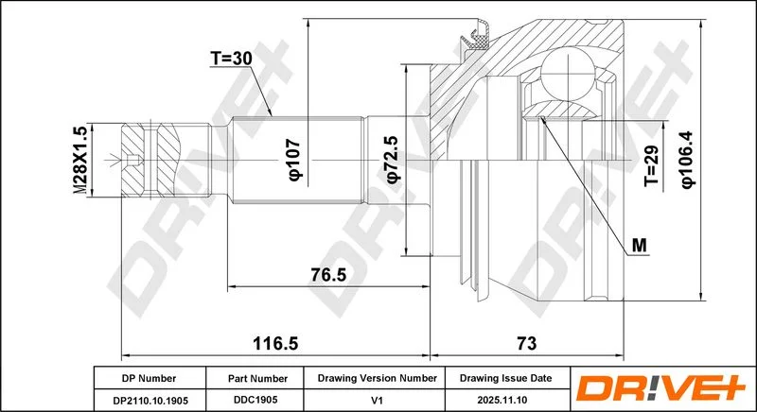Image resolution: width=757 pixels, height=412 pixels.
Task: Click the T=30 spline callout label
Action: coord(231,59)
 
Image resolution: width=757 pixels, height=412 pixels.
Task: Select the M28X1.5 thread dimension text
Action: coord(81,161)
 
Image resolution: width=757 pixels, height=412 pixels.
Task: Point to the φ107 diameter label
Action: coord(295,160)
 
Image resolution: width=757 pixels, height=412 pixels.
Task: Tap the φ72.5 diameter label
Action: coord(392,159)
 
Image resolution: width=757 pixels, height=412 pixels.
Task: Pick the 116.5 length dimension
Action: coord(275,344)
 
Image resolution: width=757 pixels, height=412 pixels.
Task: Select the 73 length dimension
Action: coord(526,344)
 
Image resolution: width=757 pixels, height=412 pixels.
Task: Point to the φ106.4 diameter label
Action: coord(687,160)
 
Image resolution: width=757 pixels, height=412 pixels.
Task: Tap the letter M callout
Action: coord(640,246)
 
